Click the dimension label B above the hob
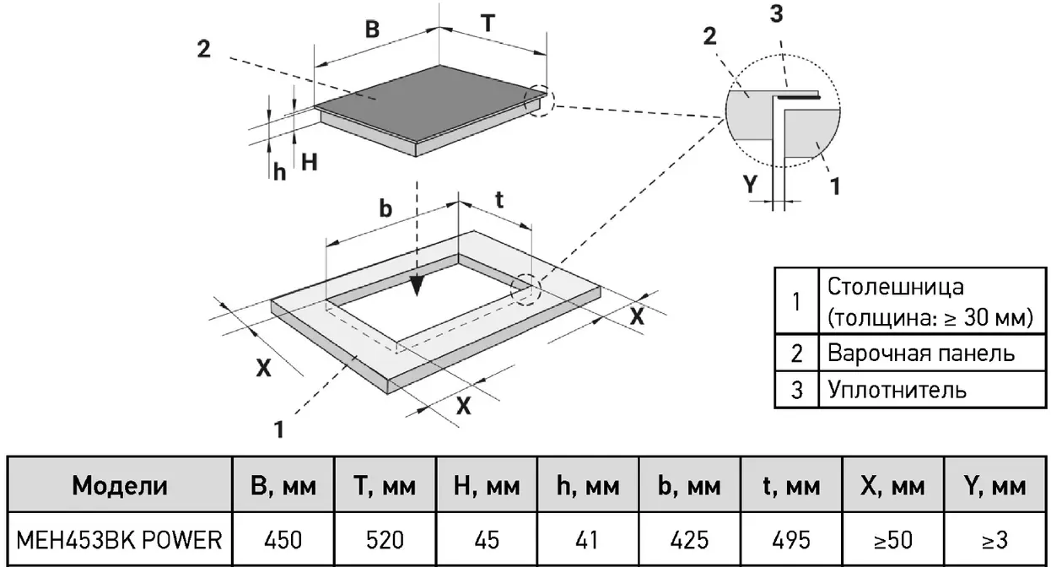(x=372, y=29)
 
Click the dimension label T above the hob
(x=488, y=23)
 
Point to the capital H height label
(x=310, y=162)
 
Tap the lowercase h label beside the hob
(x=280, y=172)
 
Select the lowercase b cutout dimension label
(x=385, y=208)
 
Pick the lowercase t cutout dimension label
(x=499, y=200)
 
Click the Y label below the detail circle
(x=750, y=184)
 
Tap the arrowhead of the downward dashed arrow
(x=417, y=286)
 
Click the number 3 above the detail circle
(x=777, y=13)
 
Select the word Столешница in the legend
(x=896, y=286)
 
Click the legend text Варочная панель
(x=921, y=353)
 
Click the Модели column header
(x=120, y=485)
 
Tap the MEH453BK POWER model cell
(x=119, y=540)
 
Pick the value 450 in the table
(x=283, y=540)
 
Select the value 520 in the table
(x=385, y=540)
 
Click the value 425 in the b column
(x=689, y=540)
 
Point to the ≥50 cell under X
(x=893, y=540)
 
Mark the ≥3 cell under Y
(x=994, y=540)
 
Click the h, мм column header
(x=588, y=486)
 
